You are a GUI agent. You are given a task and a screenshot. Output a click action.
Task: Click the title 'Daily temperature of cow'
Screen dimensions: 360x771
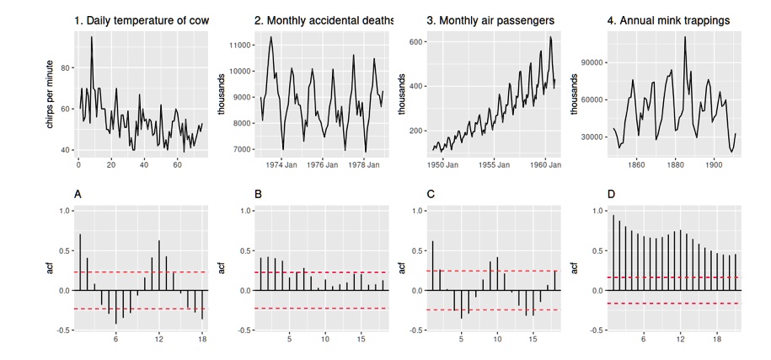coord(141,19)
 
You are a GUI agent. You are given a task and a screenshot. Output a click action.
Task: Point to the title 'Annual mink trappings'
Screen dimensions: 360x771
coord(668,19)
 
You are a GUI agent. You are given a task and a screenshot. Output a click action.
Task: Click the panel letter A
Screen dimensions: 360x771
coord(78,194)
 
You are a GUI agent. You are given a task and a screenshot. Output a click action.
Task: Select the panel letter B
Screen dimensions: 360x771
coord(259,194)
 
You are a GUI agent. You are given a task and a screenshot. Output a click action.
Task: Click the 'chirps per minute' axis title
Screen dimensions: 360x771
coord(52,93)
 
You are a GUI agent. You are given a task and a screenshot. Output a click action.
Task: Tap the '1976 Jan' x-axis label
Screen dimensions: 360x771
coord(323,166)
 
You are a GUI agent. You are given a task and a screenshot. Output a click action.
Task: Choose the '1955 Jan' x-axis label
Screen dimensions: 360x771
coord(494,166)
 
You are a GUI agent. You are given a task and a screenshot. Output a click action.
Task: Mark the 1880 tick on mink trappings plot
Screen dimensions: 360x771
coord(675,166)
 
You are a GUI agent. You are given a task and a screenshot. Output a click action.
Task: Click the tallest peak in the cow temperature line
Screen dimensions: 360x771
coord(91,37)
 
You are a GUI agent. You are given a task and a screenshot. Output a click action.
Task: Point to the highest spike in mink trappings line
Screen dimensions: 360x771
coord(685,36)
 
